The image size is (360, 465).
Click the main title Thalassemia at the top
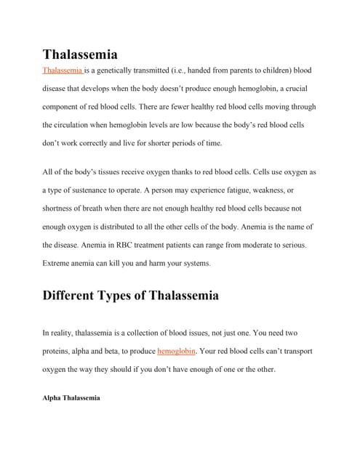(x=80, y=54)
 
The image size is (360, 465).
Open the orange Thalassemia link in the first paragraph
(x=63, y=71)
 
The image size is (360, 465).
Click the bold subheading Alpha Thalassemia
(x=71, y=398)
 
